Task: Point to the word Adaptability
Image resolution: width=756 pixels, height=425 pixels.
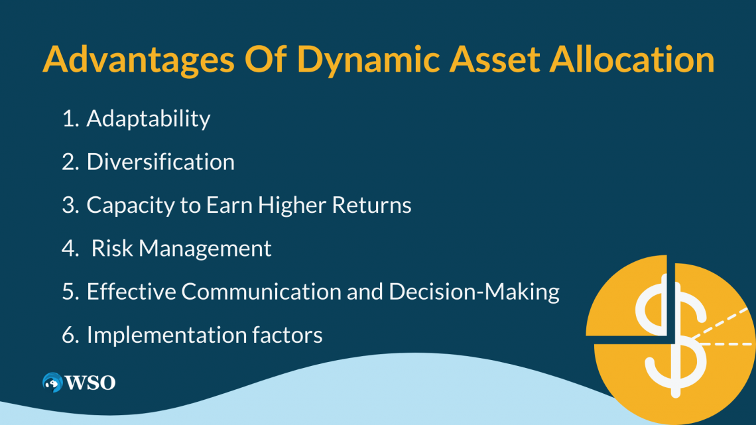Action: pos(149,119)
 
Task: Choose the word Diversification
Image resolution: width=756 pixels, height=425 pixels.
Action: pos(160,162)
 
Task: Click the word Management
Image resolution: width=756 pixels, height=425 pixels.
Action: pos(206,249)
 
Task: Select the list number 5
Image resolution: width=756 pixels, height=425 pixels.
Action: pos(69,292)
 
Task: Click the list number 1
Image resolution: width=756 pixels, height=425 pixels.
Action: pos(69,119)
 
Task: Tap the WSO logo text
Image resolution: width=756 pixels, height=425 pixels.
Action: pos(90,383)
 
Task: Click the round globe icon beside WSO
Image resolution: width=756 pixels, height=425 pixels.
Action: pos(52,383)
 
